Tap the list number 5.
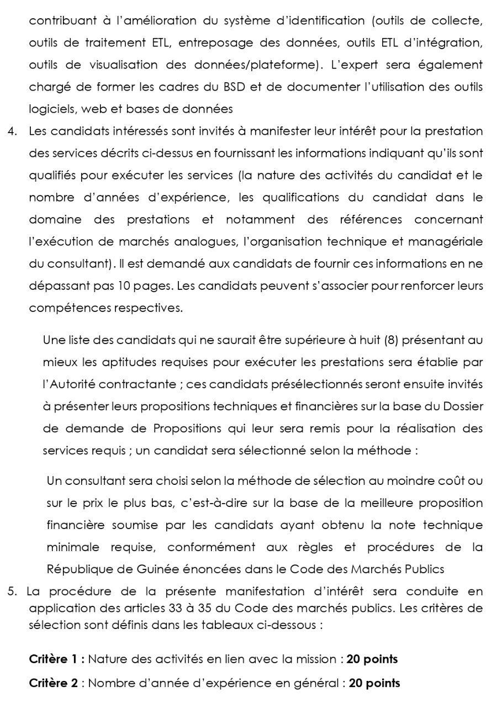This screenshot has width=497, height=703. (12, 591)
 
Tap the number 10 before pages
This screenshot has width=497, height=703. (124, 286)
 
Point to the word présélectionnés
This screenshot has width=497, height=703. (326, 384)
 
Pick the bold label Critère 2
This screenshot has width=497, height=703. (54, 683)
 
